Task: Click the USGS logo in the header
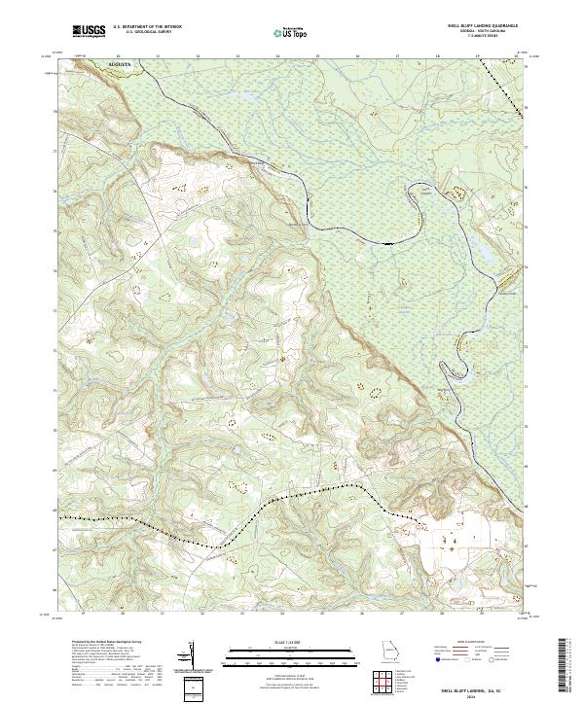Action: [x=89, y=31]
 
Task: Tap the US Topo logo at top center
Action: [x=291, y=33]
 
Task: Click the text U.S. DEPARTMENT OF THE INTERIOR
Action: [x=146, y=27]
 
